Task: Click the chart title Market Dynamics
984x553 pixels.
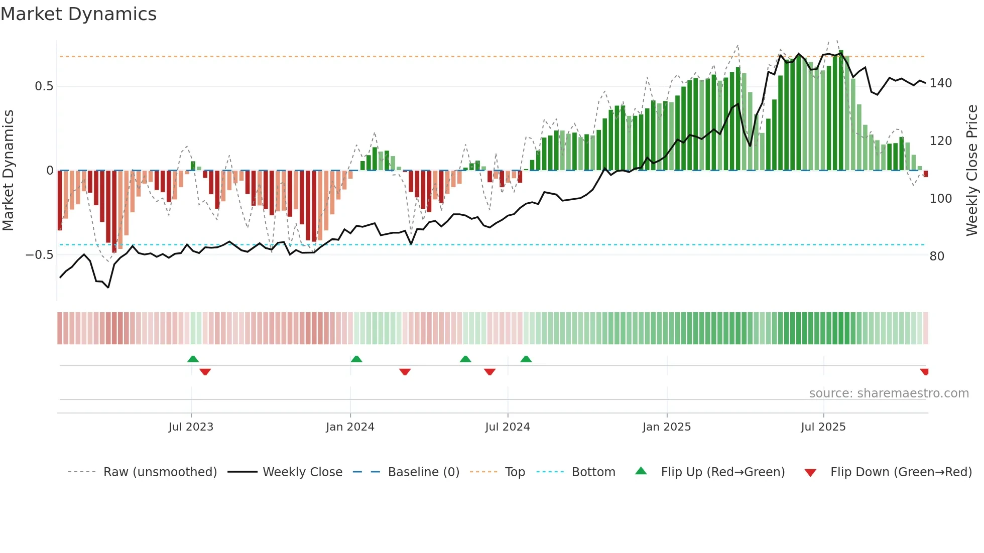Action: coord(78,14)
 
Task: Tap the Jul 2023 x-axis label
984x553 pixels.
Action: coord(191,427)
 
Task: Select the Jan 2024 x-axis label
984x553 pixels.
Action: coord(350,427)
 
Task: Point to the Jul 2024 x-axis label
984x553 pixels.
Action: coord(508,427)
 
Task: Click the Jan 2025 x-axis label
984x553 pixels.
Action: coord(667,427)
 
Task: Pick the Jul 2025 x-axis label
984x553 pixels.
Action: coord(823,427)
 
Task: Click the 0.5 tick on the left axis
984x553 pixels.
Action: coord(44,86)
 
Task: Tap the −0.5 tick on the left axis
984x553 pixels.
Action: coord(40,255)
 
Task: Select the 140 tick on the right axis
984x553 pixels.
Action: coord(940,83)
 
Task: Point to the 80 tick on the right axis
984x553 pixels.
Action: coord(937,256)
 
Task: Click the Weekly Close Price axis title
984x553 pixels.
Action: coord(972,171)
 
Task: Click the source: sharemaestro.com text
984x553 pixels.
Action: coord(889,393)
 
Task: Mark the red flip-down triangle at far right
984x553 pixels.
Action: coord(924,372)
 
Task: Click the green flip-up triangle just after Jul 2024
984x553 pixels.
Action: coord(526,359)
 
